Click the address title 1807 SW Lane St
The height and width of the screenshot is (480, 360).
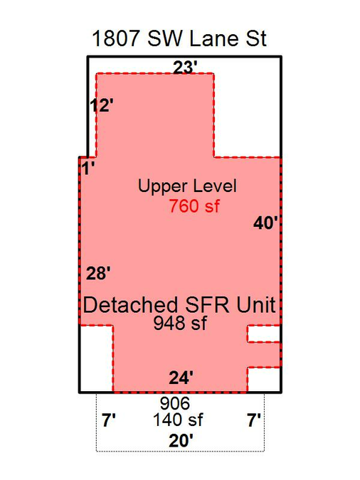pos(179,38)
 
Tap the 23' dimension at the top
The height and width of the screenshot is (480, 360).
pos(185,68)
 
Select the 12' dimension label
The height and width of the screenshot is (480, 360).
pos(102,106)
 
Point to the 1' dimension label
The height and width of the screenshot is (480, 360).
pos(88,168)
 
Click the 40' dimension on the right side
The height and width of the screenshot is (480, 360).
pos(265,223)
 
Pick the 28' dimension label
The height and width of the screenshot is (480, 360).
pos(98,273)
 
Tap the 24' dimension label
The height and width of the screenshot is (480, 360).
pos(181,378)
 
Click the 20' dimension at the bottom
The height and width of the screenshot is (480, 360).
pos(181,441)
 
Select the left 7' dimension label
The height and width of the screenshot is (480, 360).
pos(109,420)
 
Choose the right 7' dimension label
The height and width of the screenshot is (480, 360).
pos(254,420)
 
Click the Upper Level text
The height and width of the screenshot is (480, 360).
pos(187,186)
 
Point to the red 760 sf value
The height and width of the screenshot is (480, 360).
pos(194,206)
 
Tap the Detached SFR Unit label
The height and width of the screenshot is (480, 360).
pos(179,305)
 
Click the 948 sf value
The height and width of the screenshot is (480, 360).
pos(180,323)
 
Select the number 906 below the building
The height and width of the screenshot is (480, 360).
pos(175,403)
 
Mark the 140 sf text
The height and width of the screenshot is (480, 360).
pos(178,420)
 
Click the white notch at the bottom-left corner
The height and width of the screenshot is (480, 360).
pos(96,358)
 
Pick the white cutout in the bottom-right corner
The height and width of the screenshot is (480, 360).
pos(263,379)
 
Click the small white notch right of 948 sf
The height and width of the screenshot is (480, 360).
pos(263,334)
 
